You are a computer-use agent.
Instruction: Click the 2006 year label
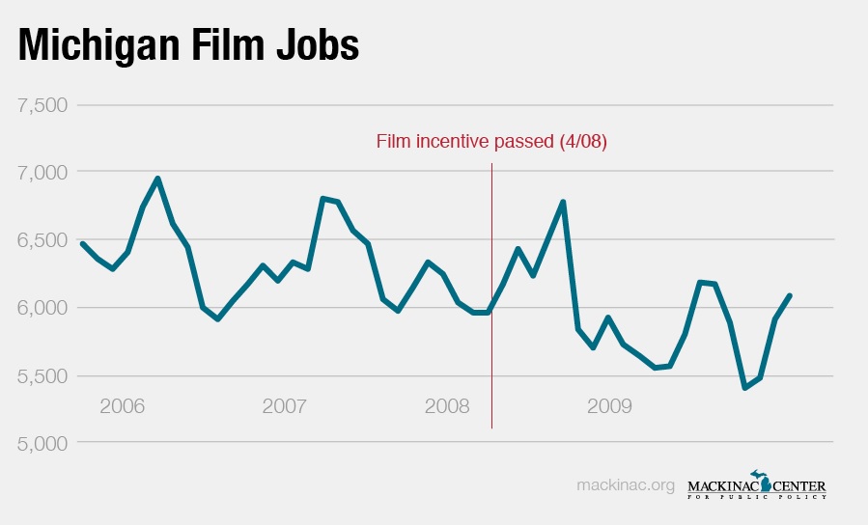click(x=123, y=405)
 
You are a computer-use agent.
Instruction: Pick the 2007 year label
click(x=285, y=405)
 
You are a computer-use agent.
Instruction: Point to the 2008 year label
click(x=447, y=405)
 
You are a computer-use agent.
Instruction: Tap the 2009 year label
click(x=609, y=405)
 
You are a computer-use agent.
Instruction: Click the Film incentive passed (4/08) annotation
click(x=491, y=142)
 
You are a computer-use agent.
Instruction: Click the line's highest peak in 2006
click(x=157, y=179)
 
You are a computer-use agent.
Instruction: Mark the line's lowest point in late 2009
click(x=744, y=388)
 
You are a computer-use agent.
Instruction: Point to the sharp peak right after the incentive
click(x=562, y=202)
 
